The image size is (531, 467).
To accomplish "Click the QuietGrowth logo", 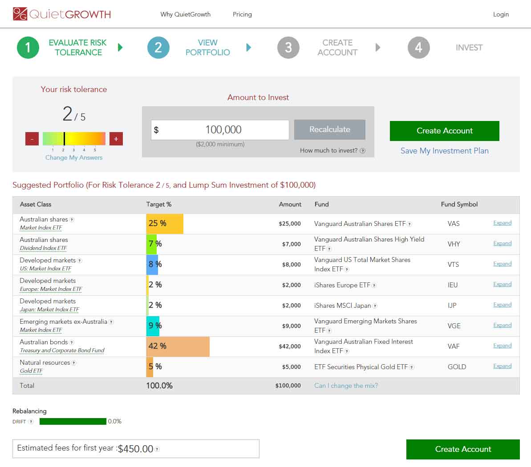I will (62, 14).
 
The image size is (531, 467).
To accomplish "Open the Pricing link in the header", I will (242, 14).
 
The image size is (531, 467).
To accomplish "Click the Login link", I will (501, 14).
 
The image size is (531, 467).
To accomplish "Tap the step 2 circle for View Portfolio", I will (158, 48).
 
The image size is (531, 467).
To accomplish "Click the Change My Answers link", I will (74, 157).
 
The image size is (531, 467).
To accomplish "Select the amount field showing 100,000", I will (220, 130).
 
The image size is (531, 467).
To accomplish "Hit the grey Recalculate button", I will (330, 129).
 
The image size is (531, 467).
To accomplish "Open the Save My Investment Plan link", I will (444, 151).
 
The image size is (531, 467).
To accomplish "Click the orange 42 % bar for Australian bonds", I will (178, 346).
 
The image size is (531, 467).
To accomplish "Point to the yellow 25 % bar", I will (165, 224).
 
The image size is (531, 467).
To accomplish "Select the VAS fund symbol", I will (454, 224).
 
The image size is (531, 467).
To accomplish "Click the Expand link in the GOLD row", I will (502, 366).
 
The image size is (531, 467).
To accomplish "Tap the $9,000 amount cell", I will (292, 326).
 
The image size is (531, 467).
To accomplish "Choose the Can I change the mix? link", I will (346, 386).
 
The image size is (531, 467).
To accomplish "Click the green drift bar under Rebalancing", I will (73, 421).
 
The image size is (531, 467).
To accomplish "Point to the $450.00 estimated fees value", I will (136, 449).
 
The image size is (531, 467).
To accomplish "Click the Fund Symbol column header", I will (459, 204).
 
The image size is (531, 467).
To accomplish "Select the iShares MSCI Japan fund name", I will (343, 306).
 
